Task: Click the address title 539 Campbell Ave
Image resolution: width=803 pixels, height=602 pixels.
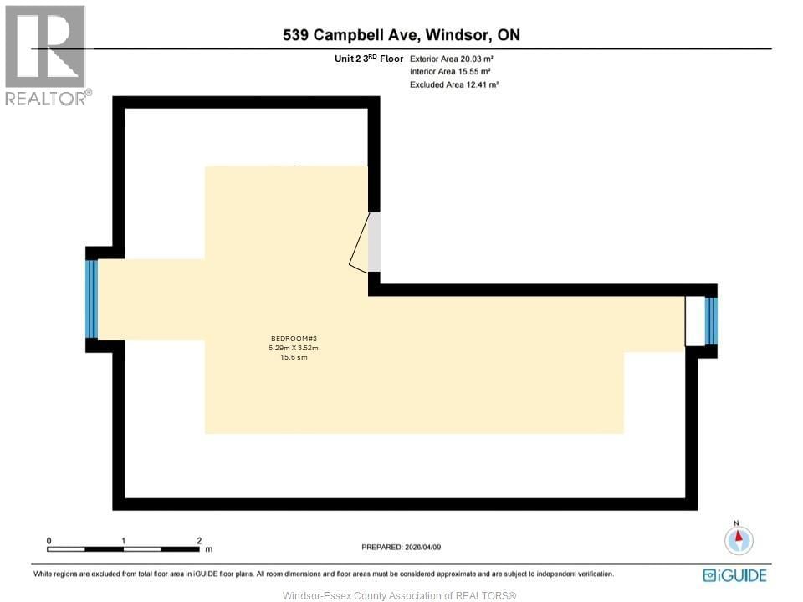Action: click(x=401, y=35)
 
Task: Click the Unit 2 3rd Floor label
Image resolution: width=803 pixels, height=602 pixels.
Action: click(x=369, y=59)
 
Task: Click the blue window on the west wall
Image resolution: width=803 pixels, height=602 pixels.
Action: click(x=92, y=298)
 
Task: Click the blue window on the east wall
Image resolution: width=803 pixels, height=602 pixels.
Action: click(x=711, y=321)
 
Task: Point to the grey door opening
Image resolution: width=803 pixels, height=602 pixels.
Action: click(x=375, y=242)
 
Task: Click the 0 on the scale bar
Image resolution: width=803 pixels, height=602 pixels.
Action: click(x=49, y=541)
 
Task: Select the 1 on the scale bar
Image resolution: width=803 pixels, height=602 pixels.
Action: click(x=124, y=541)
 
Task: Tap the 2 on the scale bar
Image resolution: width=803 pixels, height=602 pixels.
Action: click(x=199, y=541)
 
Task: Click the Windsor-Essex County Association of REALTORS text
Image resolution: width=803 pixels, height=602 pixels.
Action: click(x=400, y=595)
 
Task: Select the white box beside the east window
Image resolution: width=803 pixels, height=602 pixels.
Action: click(x=694, y=321)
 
